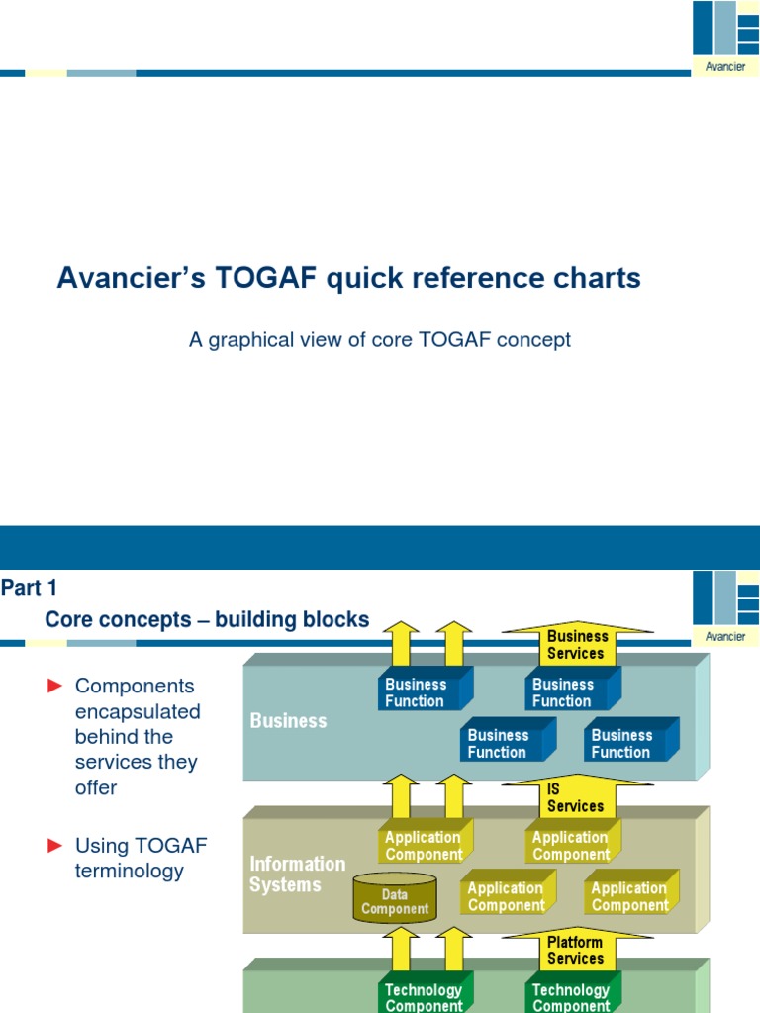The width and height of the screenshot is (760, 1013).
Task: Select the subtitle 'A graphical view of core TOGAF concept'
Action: (x=380, y=340)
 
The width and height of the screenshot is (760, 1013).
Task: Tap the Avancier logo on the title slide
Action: (x=725, y=38)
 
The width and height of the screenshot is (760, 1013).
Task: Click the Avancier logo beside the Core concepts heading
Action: (x=725, y=607)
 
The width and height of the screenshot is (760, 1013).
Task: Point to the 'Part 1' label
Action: (x=29, y=589)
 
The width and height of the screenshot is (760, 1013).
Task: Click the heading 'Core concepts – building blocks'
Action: (x=207, y=620)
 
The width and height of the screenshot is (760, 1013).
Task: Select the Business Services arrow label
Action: (x=576, y=645)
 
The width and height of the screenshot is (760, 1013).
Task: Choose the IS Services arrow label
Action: (x=575, y=798)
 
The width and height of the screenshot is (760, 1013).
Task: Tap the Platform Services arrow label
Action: (x=575, y=951)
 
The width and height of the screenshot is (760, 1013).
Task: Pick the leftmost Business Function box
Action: (x=416, y=692)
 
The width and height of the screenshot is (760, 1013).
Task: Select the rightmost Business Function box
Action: (x=622, y=744)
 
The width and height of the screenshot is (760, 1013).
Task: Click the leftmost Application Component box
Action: (x=424, y=846)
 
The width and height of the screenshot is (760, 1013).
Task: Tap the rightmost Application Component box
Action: (x=630, y=896)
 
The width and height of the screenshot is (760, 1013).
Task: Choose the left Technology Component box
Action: (x=424, y=997)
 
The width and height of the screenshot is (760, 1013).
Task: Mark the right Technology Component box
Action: (x=571, y=997)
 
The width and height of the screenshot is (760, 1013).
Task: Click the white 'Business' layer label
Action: (x=288, y=721)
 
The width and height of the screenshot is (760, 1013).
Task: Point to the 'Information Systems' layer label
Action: (x=297, y=875)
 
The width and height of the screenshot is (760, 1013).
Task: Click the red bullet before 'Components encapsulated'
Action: (x=55, y=686)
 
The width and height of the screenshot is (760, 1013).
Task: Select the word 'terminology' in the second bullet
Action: (x=130, y=871)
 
